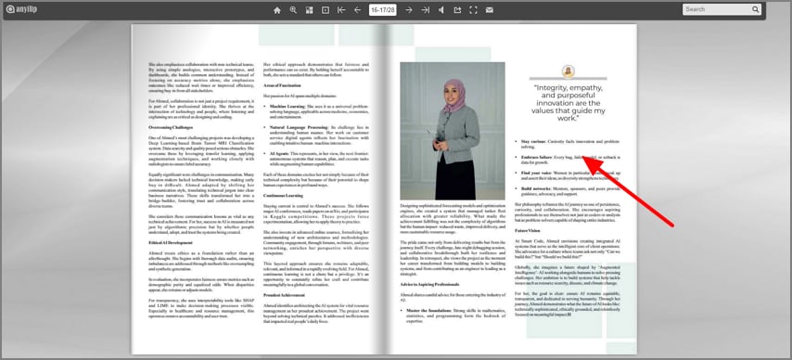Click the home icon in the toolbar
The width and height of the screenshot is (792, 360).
coord(276,10)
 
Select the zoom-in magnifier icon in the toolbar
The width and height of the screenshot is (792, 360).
coord(293,10)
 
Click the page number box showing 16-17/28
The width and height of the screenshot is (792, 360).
coord(382,10)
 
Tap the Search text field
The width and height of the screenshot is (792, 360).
coord(716,9)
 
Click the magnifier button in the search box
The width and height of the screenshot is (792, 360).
coord(756,9)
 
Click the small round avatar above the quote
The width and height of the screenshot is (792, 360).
coord(568,71)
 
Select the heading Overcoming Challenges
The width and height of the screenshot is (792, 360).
coord(173,127)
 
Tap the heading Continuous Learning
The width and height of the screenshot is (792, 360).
coord(288,196)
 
